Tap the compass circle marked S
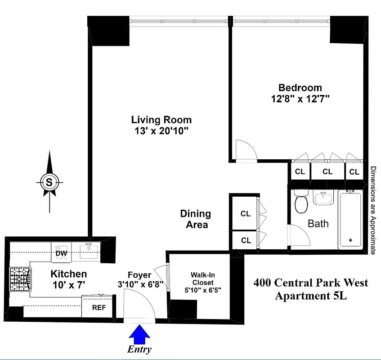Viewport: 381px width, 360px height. click(49, 182)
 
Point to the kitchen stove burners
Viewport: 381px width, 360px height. click(20, 279)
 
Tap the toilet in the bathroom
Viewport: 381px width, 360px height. click(300, 202)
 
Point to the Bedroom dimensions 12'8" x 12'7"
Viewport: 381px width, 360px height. click(300, 99)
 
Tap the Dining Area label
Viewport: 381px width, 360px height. click(195, 219)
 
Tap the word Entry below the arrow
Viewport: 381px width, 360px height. click(139, 349)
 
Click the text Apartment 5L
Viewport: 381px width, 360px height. click(310, 296)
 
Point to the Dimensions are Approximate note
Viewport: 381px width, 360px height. click(372, 211)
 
